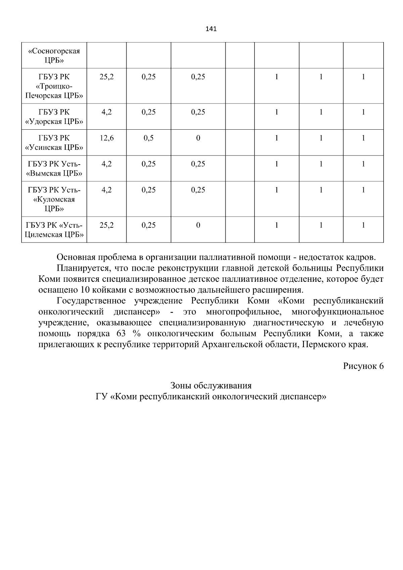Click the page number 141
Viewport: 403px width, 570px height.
[211, 29]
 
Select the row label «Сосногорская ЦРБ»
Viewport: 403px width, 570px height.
[54, 55]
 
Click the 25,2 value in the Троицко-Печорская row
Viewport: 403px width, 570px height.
[106, 77]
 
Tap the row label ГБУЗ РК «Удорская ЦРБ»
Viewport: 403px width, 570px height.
[54, 117]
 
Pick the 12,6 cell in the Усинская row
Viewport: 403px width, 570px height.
[106, 138]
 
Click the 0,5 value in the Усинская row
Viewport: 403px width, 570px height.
[148, 138]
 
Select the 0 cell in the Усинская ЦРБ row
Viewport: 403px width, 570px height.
[198, 138]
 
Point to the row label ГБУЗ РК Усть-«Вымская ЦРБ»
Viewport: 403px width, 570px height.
[54, 169]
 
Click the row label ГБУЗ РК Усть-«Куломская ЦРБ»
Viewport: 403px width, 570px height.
[54, 199]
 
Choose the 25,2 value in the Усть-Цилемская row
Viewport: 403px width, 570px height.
[106, 225]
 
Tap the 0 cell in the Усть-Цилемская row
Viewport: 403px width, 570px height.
[198, 225]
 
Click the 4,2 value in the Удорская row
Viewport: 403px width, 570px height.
[106, 112]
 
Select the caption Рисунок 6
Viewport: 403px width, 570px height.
[363, 366]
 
